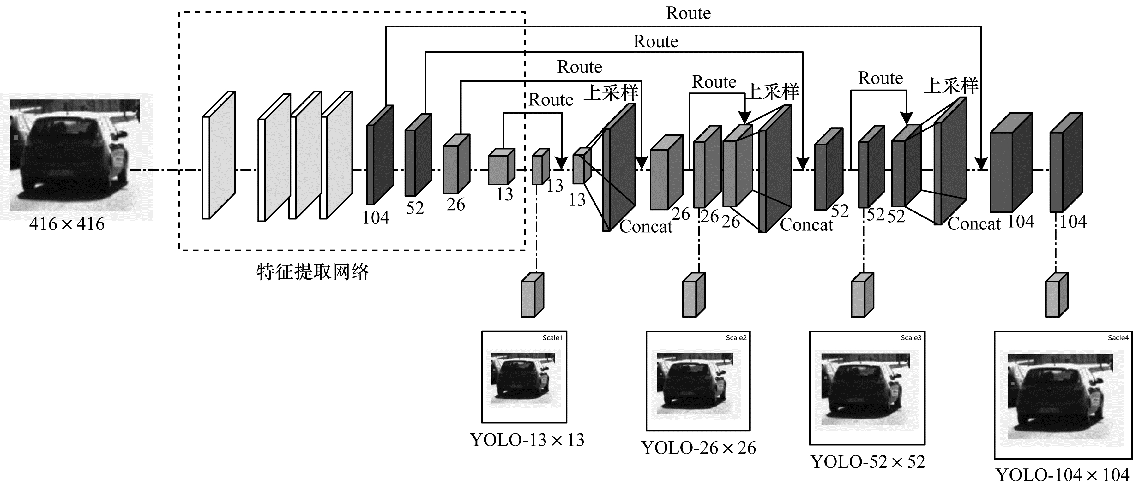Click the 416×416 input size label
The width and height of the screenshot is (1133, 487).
pyautogui.click(x=67, y=224)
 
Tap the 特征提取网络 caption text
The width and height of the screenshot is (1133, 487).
pyautogui.click(x=313, y=272)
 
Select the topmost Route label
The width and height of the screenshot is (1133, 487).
pyautogui.click(x=688, y=13)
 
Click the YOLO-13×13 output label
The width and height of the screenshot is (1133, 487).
pyautogui.click(x=527, y=440)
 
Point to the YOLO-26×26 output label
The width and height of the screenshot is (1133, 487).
pyautogui.click(x=698, y=448)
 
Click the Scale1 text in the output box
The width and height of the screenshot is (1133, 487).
pyautogui.click(x=552, y=338)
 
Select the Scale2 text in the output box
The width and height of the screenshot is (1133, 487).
pyautogui.click(x=736, y=338)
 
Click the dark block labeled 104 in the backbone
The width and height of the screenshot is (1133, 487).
pyautogui.click(x=380, y=156)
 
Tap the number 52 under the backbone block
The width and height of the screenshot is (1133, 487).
pyautogui.click(x=415, y=208)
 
